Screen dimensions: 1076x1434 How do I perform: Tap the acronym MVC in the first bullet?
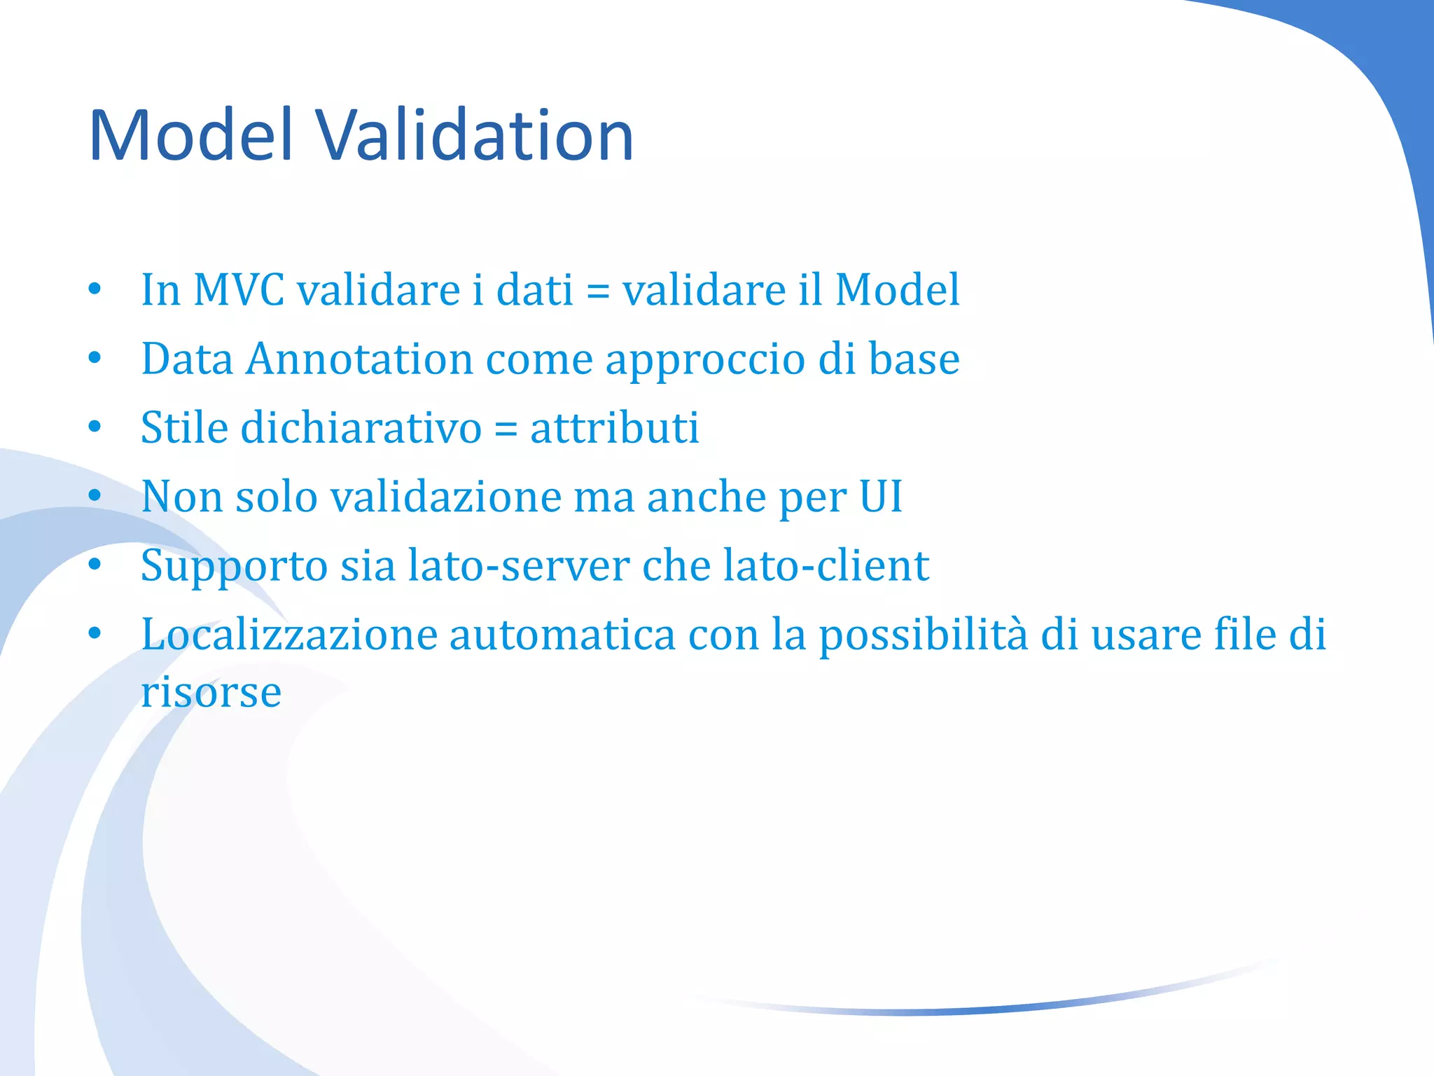[x=239, y=289]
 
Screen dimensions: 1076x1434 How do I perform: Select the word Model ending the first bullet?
[x=897, y=289]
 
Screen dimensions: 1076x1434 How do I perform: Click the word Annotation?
[x=359, y=359]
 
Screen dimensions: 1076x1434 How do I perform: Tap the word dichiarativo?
[x=361, y=427]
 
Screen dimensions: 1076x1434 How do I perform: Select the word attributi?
[x=614, y=427]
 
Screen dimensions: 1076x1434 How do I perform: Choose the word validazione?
[x=445, y=496]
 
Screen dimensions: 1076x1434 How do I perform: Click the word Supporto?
[x=234, y=566]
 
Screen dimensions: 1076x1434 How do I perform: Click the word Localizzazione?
[x=289, y=634]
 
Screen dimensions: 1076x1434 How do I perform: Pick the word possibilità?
[x=924, y=635]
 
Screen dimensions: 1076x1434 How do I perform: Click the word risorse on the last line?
[x=211, y=692]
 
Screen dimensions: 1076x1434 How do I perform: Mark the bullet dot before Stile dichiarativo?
[x=95, y=427]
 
